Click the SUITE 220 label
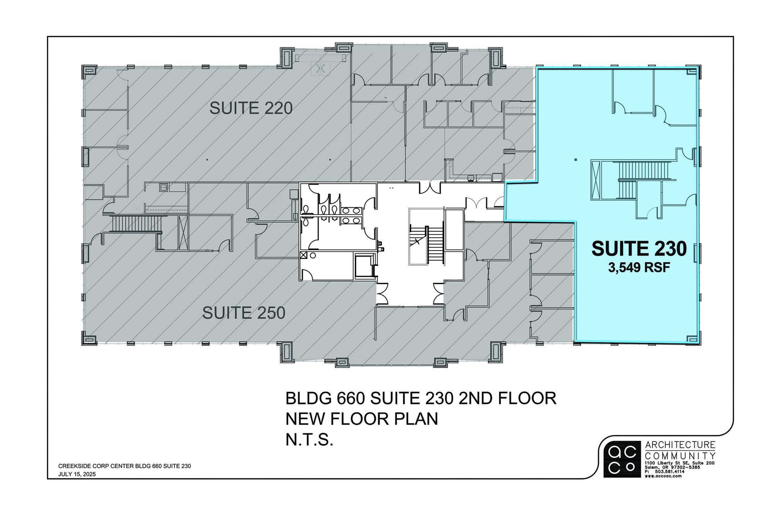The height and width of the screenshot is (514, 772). [251, 109]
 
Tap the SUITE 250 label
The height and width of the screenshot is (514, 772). [244, 313]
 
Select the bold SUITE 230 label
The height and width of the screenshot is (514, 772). [639, 249]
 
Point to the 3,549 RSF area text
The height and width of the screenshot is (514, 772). [639, 268]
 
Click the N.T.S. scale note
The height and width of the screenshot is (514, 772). [309, 440]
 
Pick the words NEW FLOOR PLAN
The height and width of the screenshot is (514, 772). [362, 419]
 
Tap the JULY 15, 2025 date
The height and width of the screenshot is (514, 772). [77, 474]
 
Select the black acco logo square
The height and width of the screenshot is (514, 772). [622, 459]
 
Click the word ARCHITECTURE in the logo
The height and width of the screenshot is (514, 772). [680, 445]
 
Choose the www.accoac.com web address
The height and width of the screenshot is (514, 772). [663, 476]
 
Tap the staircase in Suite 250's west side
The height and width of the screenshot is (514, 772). [136, 224]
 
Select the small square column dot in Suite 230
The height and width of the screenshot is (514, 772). [576, 160]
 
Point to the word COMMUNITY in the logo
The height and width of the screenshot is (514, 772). [680, 455]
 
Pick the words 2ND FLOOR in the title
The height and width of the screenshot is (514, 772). [507, 398]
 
